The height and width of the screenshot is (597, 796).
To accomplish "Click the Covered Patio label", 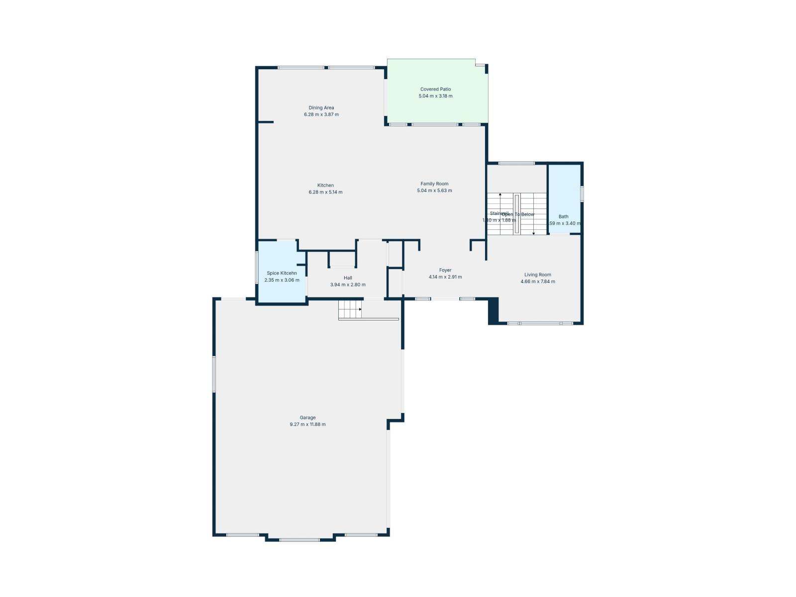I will tap(435, 90).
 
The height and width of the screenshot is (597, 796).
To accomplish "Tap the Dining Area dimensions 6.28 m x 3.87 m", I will tap(321, 114).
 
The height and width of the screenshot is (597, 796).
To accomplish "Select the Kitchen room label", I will tap(325, 186).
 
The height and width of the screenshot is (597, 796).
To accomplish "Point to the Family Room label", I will tap(434, 184).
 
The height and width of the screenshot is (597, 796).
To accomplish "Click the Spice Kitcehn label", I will tap(282, 273).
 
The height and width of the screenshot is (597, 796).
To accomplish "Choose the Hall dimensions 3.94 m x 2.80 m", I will tap(348, 285).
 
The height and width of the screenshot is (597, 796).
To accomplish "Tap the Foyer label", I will tap(445, 270).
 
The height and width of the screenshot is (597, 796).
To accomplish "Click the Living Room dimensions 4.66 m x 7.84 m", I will tap(538, 282).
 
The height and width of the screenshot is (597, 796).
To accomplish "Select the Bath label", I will tap(563, 216).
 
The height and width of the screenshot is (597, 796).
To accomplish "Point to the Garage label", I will tap(307, 418).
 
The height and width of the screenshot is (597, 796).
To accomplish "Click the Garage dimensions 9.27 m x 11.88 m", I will tap(307, 424).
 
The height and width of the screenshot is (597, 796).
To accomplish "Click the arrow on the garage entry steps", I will tap(360, 309).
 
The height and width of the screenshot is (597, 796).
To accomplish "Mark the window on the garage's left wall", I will tap(214, 374).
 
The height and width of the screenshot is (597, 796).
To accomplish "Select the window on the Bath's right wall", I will tap(582, 194).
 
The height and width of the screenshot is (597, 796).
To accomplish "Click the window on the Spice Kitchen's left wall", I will tap(257, 268).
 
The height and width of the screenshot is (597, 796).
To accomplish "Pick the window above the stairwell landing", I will tap(516, 163).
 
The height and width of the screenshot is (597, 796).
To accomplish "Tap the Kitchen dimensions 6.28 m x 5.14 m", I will tap(325, 192).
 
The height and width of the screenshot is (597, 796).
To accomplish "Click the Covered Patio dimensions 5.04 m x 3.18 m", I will tap(435, 96).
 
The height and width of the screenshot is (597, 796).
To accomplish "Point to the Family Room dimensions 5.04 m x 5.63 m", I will tap(434, 191).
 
